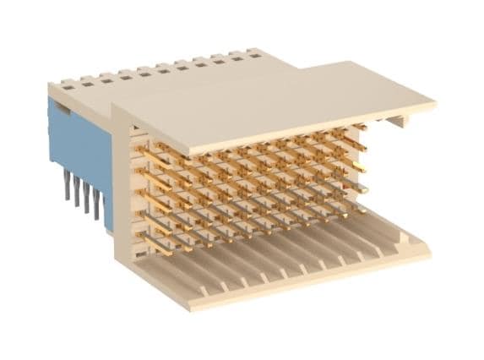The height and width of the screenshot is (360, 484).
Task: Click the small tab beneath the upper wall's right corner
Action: [397, 121]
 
